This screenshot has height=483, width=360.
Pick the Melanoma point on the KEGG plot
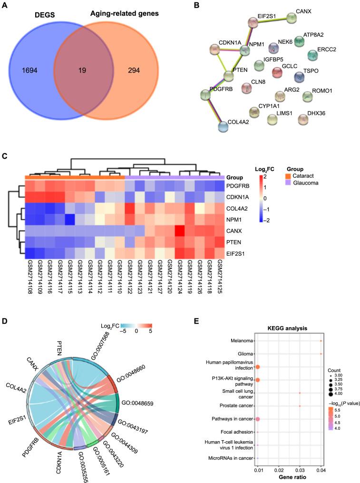click(321, 341)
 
